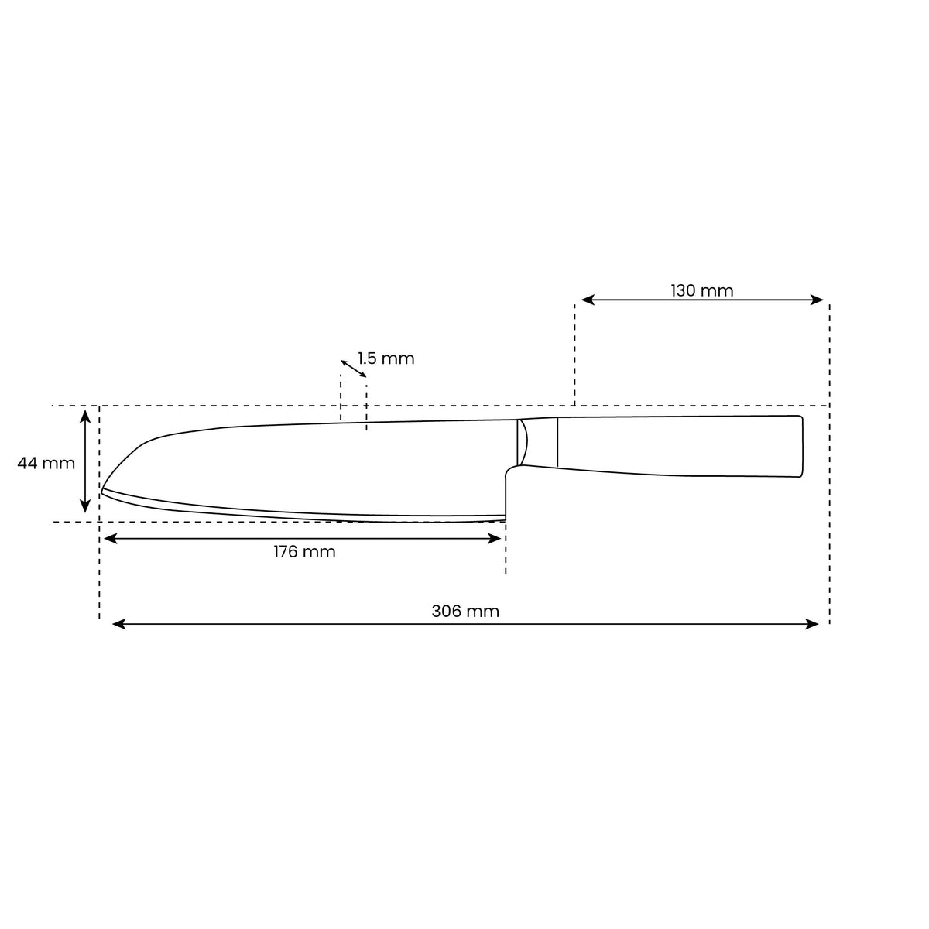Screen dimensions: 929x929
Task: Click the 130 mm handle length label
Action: (701, 290)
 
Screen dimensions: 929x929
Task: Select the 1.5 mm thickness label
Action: (386, 358)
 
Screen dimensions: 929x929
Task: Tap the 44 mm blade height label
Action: (46, 463)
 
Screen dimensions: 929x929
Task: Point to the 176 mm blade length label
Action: (304, 552)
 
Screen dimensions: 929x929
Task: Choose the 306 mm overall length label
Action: (465, 611)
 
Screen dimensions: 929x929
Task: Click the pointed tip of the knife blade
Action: (102, 490)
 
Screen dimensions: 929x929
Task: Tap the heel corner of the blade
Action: (505, 518)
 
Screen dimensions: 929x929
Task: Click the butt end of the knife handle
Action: (801, 447)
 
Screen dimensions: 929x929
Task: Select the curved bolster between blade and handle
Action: (523, 442)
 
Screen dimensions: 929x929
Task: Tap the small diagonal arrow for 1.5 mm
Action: (354, 369)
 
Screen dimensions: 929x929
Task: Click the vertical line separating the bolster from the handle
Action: (557, 442)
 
